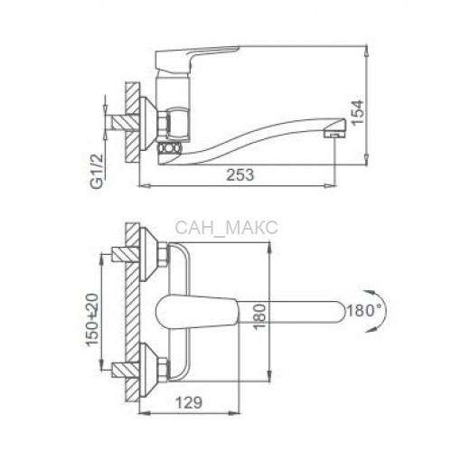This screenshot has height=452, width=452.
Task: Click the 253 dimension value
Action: click(x=240, y=174)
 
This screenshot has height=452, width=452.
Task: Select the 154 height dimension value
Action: click(x=358, y=112)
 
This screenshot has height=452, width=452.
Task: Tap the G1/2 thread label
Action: click(x=98, y=171)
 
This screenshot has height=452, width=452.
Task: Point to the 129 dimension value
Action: click(x=189, y=402)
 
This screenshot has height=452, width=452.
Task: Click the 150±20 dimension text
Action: click(x=93, y=319)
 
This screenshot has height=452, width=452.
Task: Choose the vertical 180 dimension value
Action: click(x=259, y=317)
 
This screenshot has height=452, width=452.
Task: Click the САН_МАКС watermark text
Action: click(x=226, y=228)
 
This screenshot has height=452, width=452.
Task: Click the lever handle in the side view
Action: click(x=196, y=61)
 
